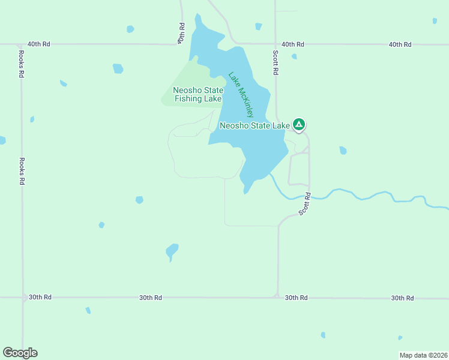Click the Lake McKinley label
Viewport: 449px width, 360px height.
click(241, 95)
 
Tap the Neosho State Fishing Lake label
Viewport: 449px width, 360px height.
click(198, 95)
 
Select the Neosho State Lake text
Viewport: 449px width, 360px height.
click(255, 125)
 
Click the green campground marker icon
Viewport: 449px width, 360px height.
click(299, 125)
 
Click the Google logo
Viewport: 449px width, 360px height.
click(20, 353)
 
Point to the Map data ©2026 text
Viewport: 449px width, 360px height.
click(423, 355)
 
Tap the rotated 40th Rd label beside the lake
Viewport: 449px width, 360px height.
click(181, 33)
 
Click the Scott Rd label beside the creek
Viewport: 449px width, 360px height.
click(305, 203)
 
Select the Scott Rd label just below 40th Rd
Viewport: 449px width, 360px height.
click(276, 62)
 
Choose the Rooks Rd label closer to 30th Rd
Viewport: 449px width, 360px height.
click(21, 171)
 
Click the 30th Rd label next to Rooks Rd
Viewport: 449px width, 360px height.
click(40, 298)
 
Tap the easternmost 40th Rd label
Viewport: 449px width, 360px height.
click(400, 44)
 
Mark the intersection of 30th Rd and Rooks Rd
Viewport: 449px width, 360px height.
click(23, 298)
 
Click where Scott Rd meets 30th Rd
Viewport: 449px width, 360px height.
click(277, 297)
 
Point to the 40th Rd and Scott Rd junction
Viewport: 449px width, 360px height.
click(276, 44)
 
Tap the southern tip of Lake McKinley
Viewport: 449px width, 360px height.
click(246, 193)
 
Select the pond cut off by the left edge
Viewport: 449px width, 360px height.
click(2, 140)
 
